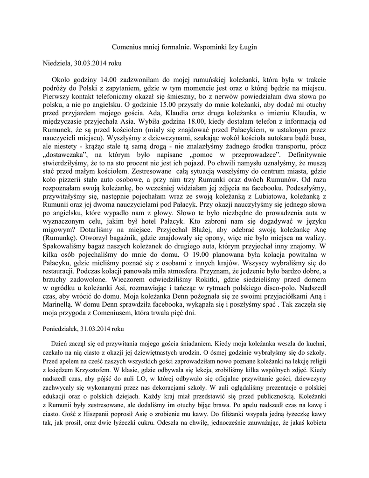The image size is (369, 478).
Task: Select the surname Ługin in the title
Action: (247, 48)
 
